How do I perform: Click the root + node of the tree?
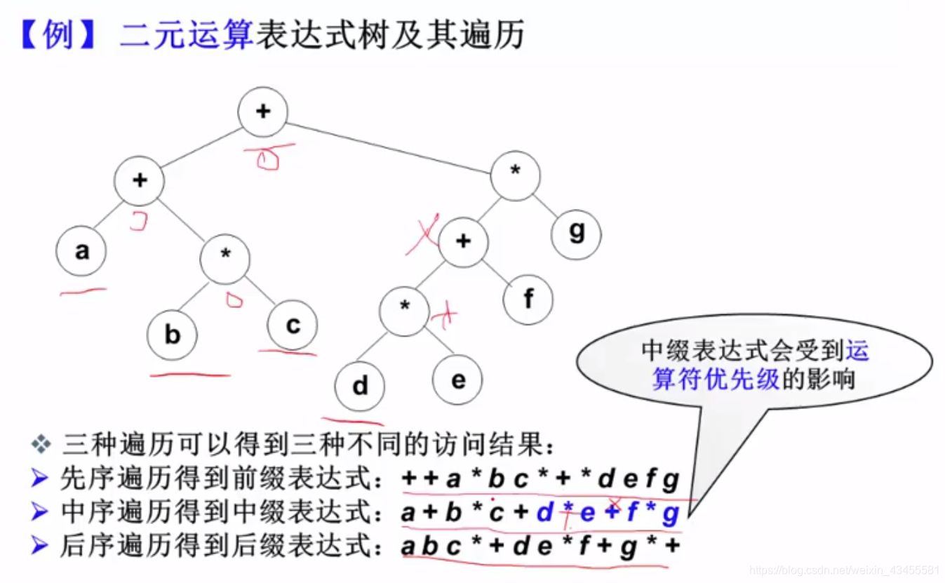263,112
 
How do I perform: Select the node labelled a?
81,251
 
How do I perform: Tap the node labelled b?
173,335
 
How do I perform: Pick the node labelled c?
293,325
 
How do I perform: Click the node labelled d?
360,385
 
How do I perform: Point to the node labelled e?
457,380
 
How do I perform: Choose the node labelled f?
528,300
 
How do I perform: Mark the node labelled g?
576,232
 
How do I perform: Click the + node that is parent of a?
140,180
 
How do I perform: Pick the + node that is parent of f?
463,242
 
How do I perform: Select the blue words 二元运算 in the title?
185,34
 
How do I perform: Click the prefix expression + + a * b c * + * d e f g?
541,480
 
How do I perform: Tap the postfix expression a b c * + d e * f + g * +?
541,544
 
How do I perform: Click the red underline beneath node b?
190,375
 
